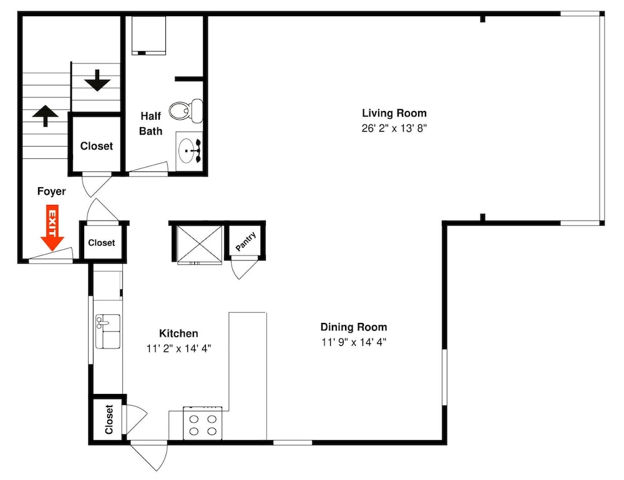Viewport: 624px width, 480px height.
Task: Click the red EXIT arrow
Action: coord(52,228)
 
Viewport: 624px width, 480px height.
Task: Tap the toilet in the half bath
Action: coord(186,110)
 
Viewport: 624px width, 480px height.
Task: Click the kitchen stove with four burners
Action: coord(203,423)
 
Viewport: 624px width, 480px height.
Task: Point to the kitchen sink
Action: coord(107,331)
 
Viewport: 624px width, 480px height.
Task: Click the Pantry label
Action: coord(245,241)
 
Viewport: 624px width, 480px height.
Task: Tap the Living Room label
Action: coord(394,113)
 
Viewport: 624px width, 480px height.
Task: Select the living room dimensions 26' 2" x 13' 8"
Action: coord(394,128)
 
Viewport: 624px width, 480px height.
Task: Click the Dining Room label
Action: coord(354,327)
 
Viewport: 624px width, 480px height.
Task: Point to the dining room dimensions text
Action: coord(354,342)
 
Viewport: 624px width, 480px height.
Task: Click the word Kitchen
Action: coord(178,334)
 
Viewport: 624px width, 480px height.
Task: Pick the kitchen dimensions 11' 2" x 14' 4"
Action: coord(178,348)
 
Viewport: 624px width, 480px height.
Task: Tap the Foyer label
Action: coord(51,191)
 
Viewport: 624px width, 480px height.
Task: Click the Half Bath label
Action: coord(151,123)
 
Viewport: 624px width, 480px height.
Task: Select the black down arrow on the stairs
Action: coord(97,80)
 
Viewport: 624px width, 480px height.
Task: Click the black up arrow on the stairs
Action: coord(45,116)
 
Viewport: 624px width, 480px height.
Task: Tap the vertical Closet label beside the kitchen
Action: coord(109,419)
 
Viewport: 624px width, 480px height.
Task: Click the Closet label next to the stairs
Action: coord(96,146)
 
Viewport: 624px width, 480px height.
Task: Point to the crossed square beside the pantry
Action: coord(199,244)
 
